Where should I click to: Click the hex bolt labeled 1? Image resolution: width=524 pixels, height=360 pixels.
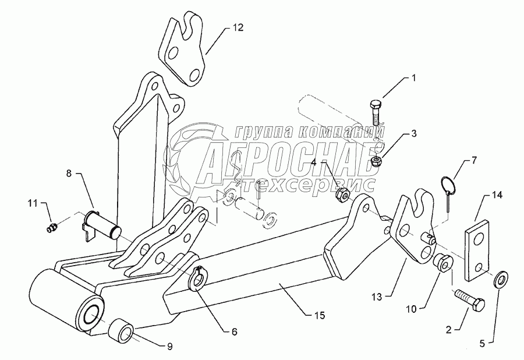click(376, 113)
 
